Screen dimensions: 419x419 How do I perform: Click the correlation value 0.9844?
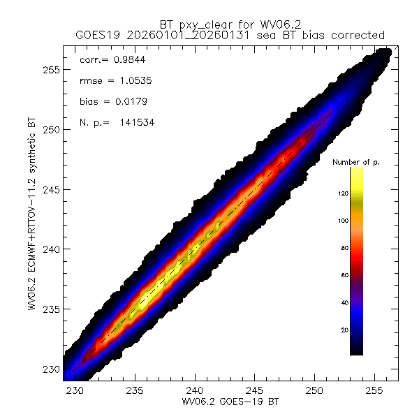point(131,60)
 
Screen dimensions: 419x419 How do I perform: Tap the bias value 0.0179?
point(131,102)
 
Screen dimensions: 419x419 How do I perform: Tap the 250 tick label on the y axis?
point(50,130)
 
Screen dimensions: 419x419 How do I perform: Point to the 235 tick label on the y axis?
point(50,309)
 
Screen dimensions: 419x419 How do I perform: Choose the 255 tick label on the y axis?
point(50,70)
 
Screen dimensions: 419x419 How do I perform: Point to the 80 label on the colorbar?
point(341,248)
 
